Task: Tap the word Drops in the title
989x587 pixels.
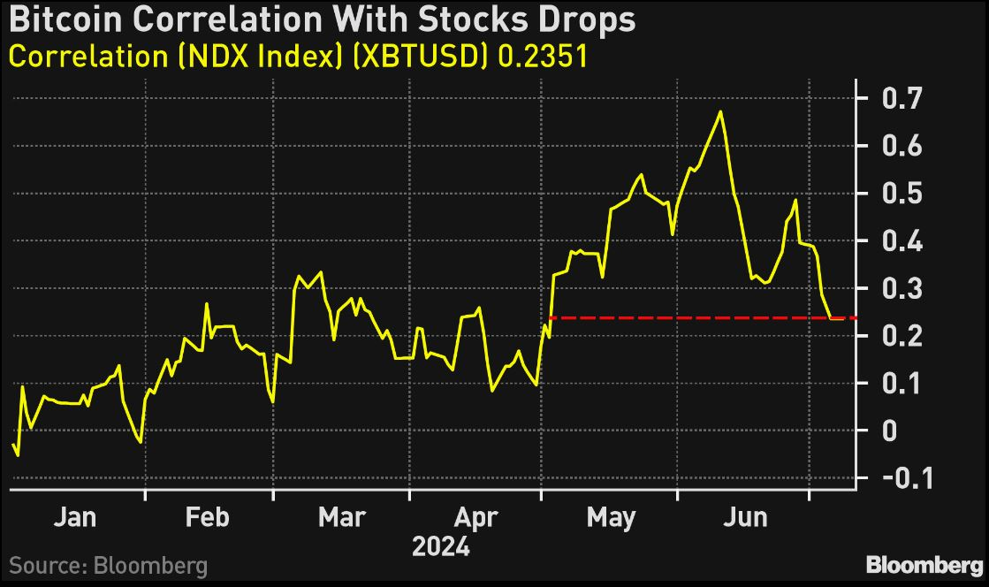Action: [x=589, y=19]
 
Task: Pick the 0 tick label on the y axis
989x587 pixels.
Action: [x=887, y=431]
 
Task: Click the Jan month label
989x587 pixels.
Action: [x=75, y=516]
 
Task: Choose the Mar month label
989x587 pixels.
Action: [x=341, y=516]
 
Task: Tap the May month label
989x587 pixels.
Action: [x=610, y=516]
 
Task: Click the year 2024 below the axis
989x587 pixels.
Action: [x=442, y=547]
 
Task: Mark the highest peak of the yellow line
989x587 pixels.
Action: [x=721, y=111]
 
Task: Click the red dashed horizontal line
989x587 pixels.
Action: [x=689, y=317]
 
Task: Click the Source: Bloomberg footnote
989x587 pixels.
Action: [x=108, y=566]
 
